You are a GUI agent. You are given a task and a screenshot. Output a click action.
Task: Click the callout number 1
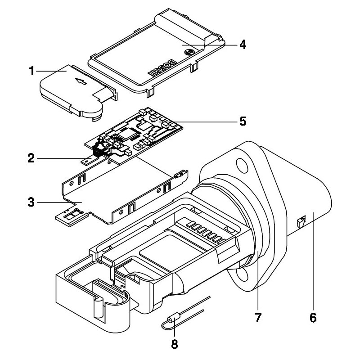[31, 71]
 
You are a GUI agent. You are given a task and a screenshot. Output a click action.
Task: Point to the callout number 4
[242, 45]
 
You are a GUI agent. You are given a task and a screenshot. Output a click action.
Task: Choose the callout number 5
[242, 121]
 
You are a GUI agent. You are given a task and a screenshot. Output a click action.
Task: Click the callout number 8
[175, 345]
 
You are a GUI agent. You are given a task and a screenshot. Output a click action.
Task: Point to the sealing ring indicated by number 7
[257, 234]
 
